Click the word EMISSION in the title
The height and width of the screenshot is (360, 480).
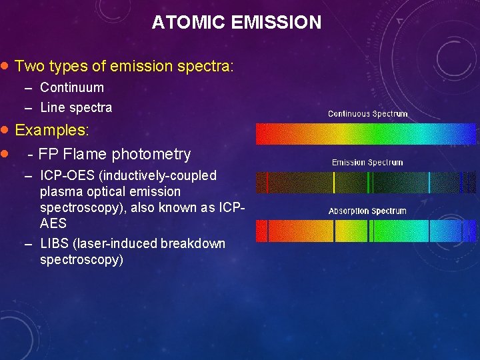click(276, 23)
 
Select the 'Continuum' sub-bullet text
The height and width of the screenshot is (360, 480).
click(72, 87)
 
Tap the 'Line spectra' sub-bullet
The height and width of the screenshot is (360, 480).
click(76, 107)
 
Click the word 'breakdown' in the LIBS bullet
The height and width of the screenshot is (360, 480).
click(193, 243)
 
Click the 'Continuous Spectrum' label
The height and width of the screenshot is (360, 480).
click(367, 114)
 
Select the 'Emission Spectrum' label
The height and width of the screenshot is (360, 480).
click(367, 162)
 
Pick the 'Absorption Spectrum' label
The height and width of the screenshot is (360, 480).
click(367, 211)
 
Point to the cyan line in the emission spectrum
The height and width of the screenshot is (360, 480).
click(429, 183)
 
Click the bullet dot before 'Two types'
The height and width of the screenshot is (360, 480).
click(5, 66)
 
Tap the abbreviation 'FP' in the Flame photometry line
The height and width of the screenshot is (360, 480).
click(46, 155)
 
